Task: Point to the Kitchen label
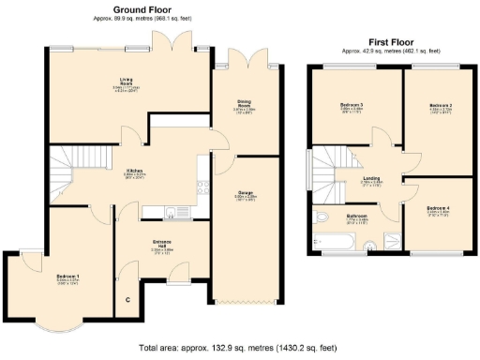click(x=136, y=172)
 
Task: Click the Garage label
click(x=245, y=196)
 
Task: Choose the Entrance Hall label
click(x=163, y=247)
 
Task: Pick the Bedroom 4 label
click(x=437, y=208)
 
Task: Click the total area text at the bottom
click(x=239, y=347)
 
